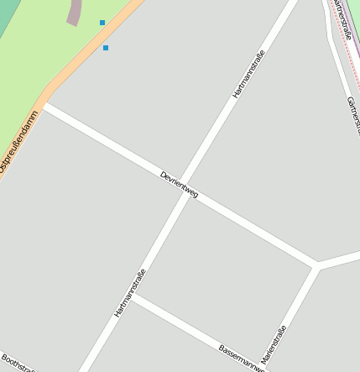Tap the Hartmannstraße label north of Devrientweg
(248, 75)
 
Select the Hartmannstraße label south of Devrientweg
(130, 292)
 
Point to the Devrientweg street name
(179, 184)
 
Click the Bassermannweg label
(242, 356)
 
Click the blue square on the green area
(102, 23)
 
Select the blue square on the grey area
(106, 48)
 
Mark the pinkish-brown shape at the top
(75, 11)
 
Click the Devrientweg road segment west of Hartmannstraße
(109, 146)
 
